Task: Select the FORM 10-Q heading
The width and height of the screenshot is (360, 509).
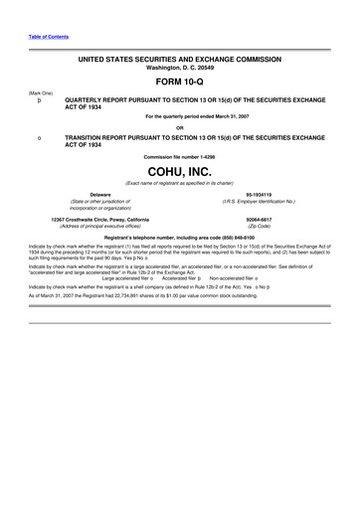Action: click(x=179, y=83)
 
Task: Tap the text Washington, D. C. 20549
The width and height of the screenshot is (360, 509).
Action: click(x=179, y=69)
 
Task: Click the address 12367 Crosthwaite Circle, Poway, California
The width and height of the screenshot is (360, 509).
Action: click(x=100, y=219)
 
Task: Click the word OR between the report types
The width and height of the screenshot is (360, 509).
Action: click(x=179, y=126)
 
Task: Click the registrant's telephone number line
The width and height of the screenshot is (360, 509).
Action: click(x=179, y=239)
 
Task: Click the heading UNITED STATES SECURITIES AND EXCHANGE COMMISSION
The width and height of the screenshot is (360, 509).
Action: click(x=179, y=60)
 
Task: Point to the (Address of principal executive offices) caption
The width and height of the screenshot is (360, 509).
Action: click(x=100, y=227)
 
